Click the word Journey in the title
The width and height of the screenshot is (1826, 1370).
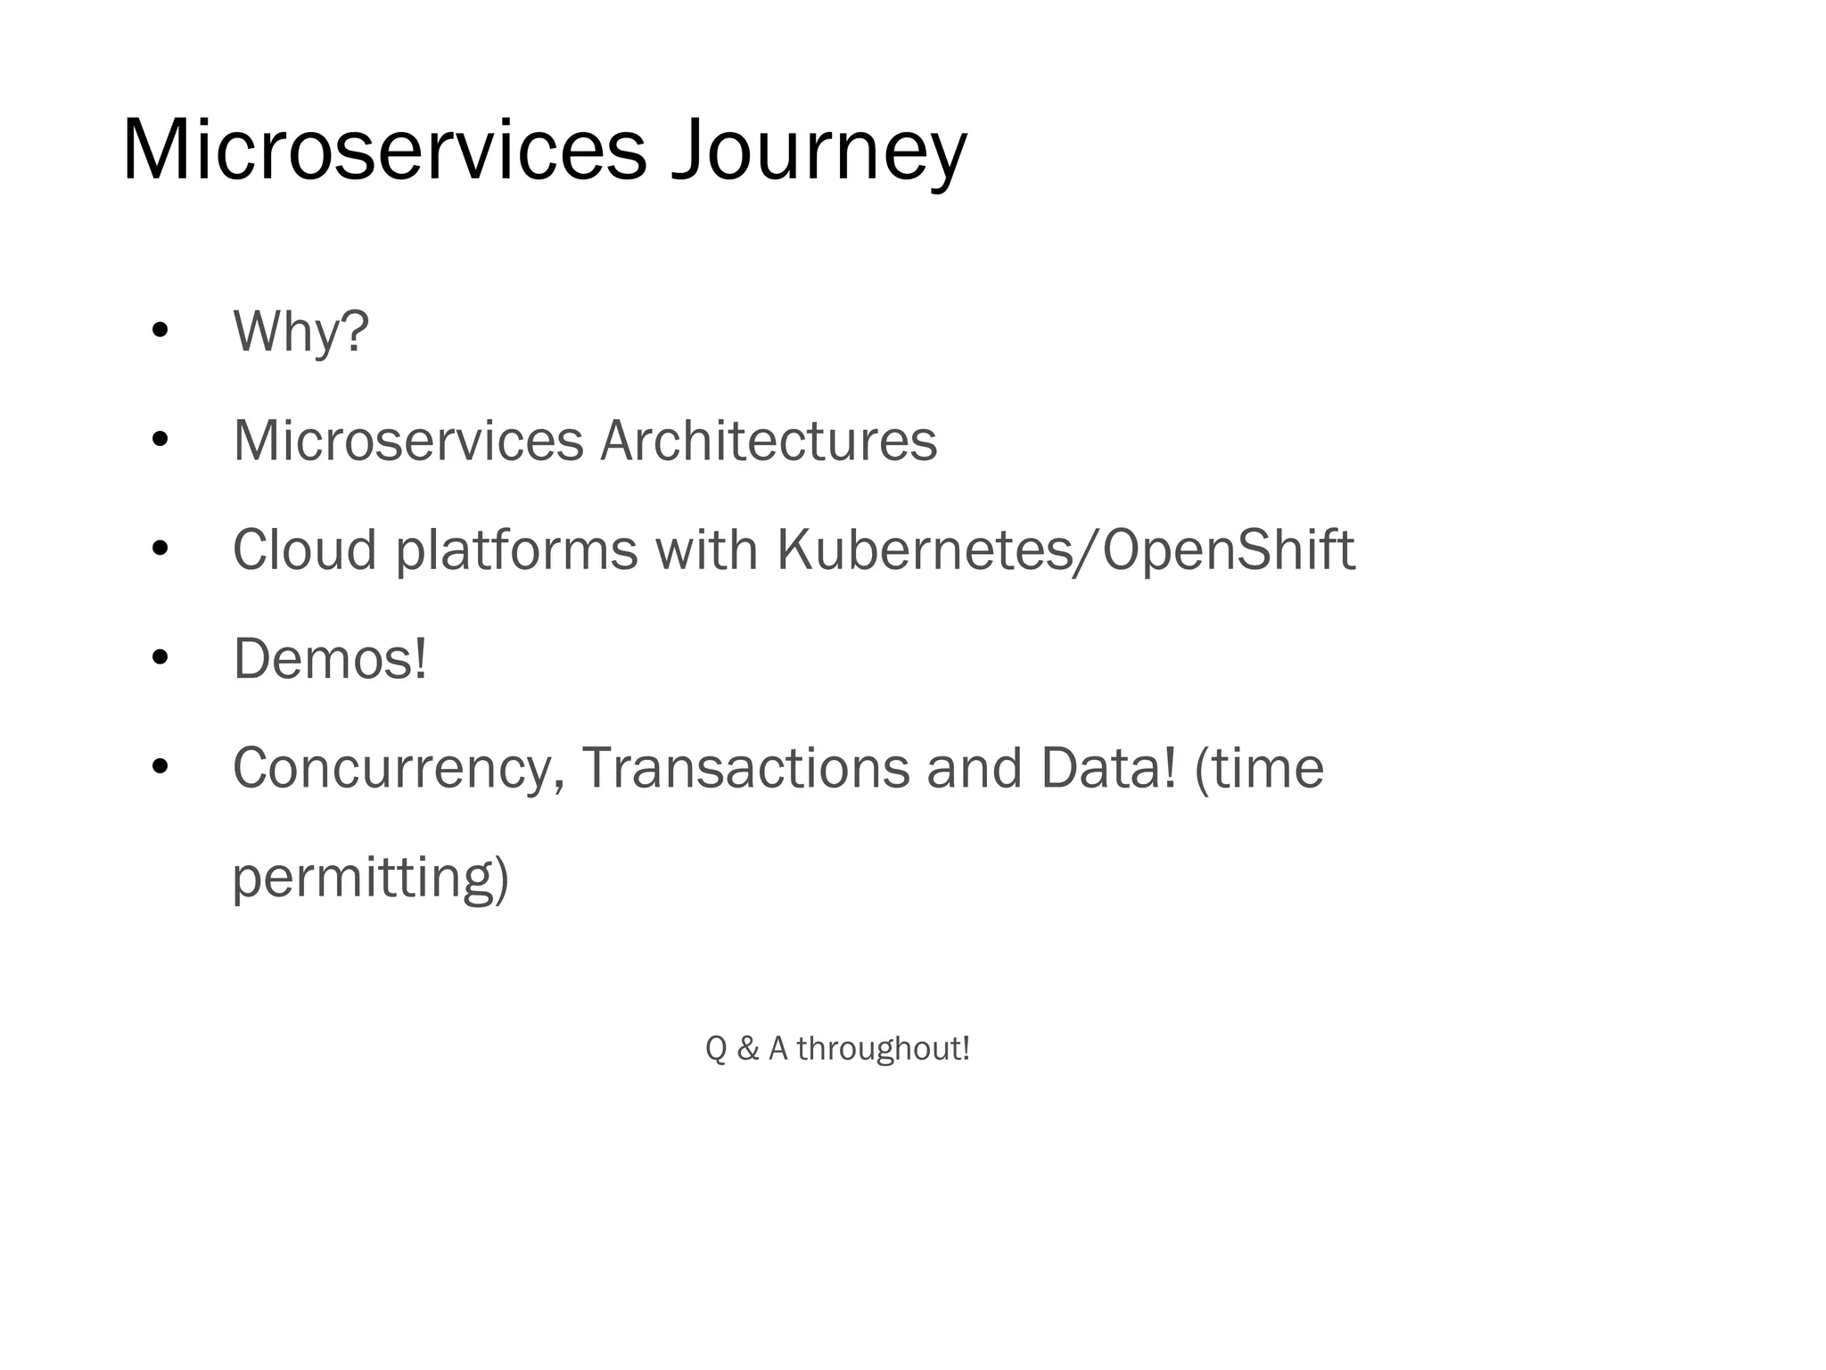pyautogui.click(x=818, y=152)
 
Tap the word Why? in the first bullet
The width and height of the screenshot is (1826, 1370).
pyautogui.click(x=300, y=332)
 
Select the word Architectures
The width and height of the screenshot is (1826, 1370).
pyautogui.click(x=768, y=441)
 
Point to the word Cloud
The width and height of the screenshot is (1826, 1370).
pyautogui.click(x=305, y=549)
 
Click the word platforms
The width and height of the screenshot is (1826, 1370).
pyautogui.click(x=516, y=551)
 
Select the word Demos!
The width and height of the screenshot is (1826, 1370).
pyautogui.click(x=330, y=659)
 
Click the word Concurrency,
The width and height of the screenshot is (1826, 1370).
pyautogui.click(x=399, y=769)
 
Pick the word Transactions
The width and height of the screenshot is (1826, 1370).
pyautogui.click(x=745, y=768)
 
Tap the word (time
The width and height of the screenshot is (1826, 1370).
pyautogui.click(x=1259, y=768)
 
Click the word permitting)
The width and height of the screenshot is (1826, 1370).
pyautogui.click(x=370, y=879)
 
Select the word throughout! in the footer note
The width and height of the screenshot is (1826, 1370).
pyautogui.click(x=883, y=1049)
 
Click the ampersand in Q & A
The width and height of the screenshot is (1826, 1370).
pyautogui.click(x=748, y=1049)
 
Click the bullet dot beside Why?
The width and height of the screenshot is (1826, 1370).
pyautogui.click(x=160, y=331)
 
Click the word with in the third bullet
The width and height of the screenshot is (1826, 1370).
pyautogui.click(x=707, y=549)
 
